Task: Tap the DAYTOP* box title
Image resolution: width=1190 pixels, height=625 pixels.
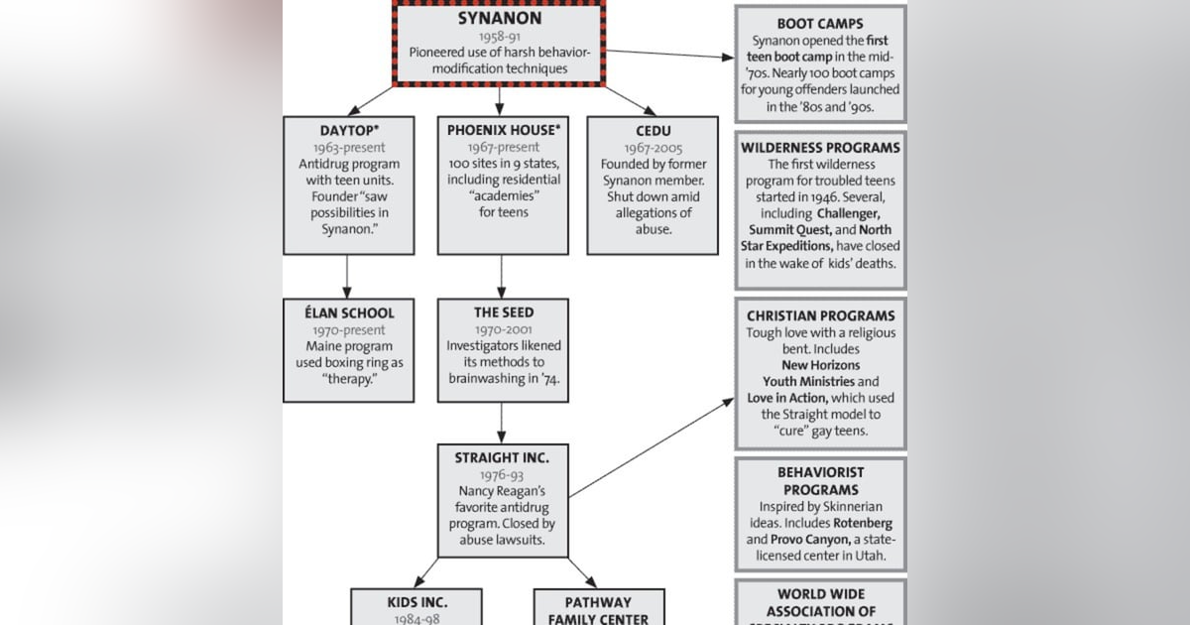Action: click(x=346, y=131)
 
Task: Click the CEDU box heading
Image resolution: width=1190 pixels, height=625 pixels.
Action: click(x=653, y=131)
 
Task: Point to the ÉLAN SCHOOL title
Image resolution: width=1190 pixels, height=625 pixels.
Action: click(x=348, y=312)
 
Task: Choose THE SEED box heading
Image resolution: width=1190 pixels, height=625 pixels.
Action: click(x=503, y=312)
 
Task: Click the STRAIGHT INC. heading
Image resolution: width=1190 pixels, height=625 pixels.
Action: click(x=502, y=458)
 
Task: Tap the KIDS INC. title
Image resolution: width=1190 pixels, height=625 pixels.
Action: click(x=416, y=602)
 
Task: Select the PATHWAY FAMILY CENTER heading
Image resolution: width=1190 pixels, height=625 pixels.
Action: click(x=598, y=610)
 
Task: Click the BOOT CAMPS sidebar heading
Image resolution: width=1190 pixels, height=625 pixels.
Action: click(x=820, y=24)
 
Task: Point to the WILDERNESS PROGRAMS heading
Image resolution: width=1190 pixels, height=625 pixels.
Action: click(x=820, y=148)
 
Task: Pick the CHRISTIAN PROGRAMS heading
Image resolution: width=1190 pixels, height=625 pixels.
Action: click(x=820, y=316)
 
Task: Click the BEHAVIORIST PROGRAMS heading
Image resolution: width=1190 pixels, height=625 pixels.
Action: click(x=820, y=481)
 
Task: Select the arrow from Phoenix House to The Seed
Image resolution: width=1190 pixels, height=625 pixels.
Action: click(x=501, y=276)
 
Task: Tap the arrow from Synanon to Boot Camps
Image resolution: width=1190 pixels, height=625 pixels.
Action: click(x=669, y=54)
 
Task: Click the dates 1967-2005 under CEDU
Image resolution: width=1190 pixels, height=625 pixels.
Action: click(x=653, y=148)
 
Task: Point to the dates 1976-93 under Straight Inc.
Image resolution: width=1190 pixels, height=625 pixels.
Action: click(x=502, y=475)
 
